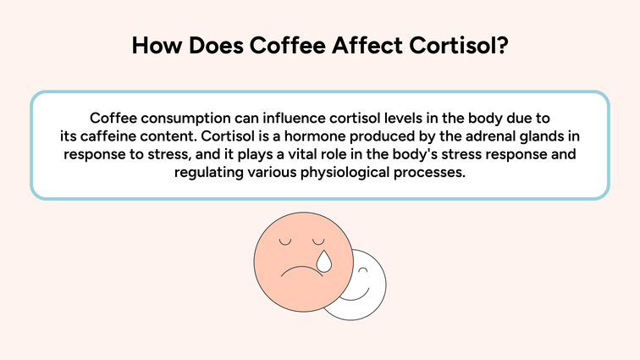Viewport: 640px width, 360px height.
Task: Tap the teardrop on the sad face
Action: click(x=323, y=262)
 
